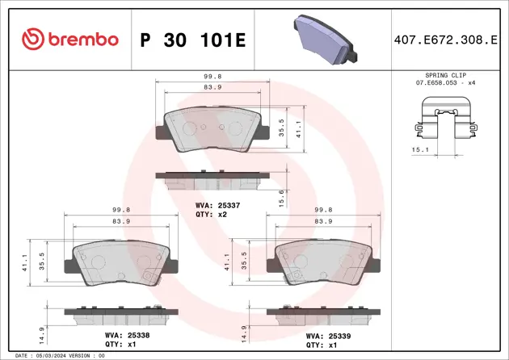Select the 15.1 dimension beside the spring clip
click(x=419, y=149)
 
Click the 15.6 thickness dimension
click(x=280, y=195)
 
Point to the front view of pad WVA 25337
click(x=213, y=130)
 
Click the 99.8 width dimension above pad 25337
click(x=213, y=78)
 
